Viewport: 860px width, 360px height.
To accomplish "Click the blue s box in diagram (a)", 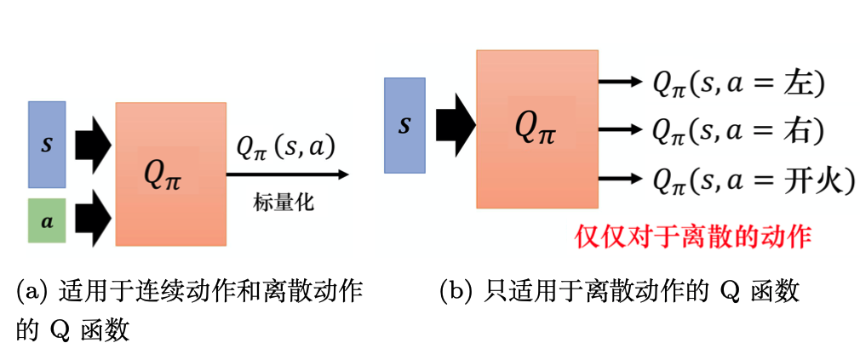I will (46, 144).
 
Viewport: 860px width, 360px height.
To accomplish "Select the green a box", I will (46, 220).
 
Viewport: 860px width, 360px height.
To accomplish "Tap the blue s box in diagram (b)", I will (404, 126).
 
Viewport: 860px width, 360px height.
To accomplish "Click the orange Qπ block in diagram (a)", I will (170, 174).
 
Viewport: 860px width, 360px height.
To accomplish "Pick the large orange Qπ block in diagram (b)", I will (536, 129).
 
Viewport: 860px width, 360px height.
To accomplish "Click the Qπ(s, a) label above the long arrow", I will (285, 148).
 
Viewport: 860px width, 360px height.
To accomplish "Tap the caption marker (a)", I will (32, 292).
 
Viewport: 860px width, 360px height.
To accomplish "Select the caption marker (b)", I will (456, 292).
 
